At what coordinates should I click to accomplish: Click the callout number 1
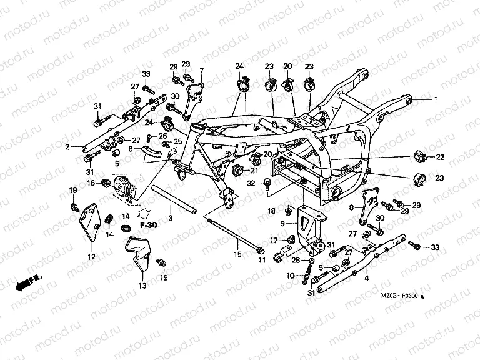[x=437, y=99]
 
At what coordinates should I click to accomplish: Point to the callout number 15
[x=237, y=254]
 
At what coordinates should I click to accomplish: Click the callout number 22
[x=440, y=156]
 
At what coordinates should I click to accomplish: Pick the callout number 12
[x=91, y=256]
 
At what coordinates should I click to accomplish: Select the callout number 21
[x=254, y=170]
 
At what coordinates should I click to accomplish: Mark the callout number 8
[x=351, y=207]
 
